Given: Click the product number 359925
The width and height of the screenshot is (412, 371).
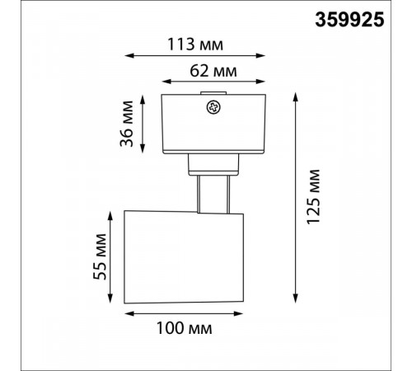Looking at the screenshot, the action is pos(349,20).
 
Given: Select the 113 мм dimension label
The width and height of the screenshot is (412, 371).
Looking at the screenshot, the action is pos(195,45).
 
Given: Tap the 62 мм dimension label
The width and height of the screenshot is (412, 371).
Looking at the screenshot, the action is pos(213,71).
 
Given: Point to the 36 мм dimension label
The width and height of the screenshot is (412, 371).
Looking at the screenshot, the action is pos(127,124).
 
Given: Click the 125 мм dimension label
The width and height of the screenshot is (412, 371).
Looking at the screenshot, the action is pos(313,197).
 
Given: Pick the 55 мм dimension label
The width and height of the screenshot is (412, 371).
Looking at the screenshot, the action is pos(100,256).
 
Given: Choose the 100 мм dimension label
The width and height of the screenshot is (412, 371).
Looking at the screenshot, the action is pos(184,328).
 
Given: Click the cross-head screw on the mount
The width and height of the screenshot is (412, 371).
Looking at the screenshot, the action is pos(213,107).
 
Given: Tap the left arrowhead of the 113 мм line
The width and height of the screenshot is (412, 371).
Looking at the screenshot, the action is pos(129,56).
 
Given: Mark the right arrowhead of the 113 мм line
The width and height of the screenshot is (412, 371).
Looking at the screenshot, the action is pos(260,56).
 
